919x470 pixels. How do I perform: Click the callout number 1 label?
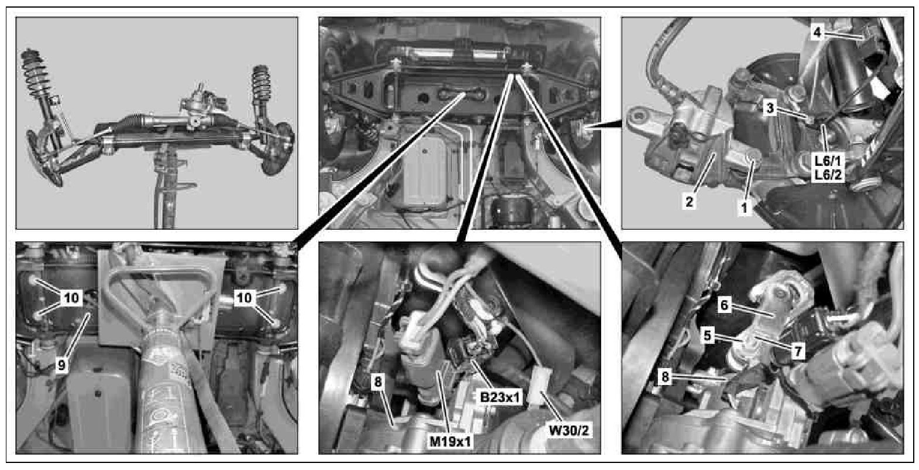pyautogui.click(x=744, y=208)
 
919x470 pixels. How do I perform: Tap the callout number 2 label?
pyautogui.click(x=690, y=202)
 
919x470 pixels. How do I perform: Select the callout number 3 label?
pyautogui.click(x=770, y=108)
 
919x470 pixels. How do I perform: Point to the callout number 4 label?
pyautogui.click(x=817, y=32)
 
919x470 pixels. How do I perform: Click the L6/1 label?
pyautogui.click(x=828, y=161)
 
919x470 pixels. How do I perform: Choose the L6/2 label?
pyautogui.click(x=828, y=175)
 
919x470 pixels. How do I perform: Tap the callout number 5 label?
pyautogui.click(x=707, y=336)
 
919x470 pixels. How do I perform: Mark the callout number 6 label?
pyautogui.click(x=724, y=305)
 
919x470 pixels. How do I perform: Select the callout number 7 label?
pyautogui.click(x=798, y=351)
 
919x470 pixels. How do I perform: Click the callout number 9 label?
pyautogui.click(x=61, y=365)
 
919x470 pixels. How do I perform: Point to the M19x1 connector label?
pyautogui.click(x=450, y=441)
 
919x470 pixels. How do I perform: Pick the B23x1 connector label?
pyautogui.click(x=500, y=397)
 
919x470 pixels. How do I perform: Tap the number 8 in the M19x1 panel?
pyautogui.click(x=378, y=382)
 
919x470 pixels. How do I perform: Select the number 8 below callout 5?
pyautogui.click(x=665, y=376)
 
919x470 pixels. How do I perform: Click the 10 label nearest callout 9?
pyautogui.click(x=71, y=298)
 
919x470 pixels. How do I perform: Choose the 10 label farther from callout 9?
pyautogui.click(x=245, y=298)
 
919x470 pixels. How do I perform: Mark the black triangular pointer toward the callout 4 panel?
pyautogui.click(x=607, y=125)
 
